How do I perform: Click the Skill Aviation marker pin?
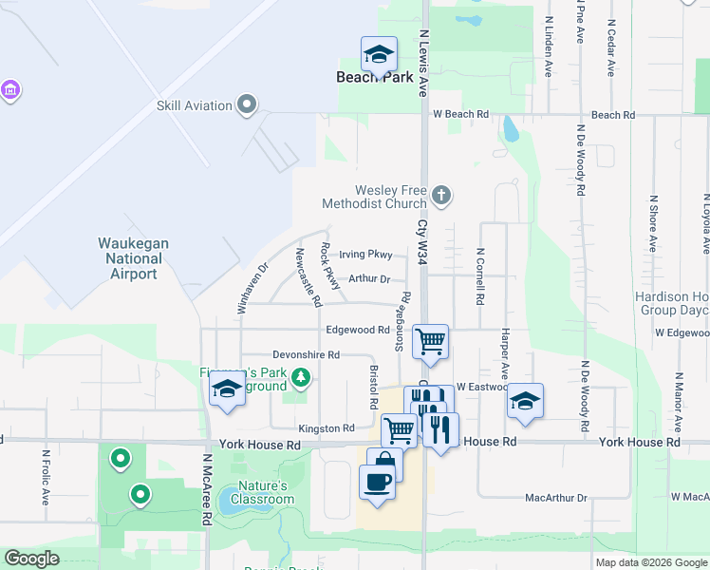pos(247,104)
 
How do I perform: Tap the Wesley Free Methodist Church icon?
pos(440,196)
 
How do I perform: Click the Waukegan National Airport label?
pos(134,258)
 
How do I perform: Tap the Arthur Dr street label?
pos(369,278)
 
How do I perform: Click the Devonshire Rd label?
pos(307,354)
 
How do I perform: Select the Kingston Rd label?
pos(326,428)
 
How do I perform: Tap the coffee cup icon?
pos(377,481)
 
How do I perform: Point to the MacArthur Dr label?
pos(557,497)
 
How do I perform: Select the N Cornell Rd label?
pos(480,275)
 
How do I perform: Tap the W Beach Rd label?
pos(460,114)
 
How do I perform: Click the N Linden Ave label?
pos(549,47)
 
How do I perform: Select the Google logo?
pos(31,559)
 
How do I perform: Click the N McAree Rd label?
pos(206,490)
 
